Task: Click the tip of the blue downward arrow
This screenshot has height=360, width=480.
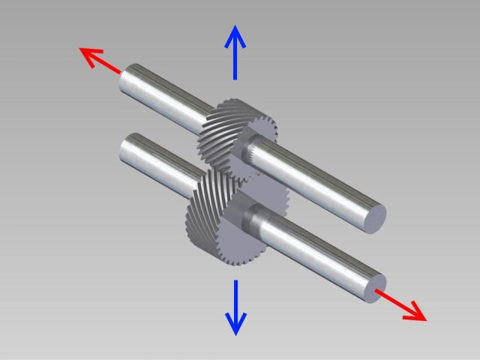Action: (x=235, y=332)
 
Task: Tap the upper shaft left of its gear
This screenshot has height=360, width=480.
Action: (x=165, y=97)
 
